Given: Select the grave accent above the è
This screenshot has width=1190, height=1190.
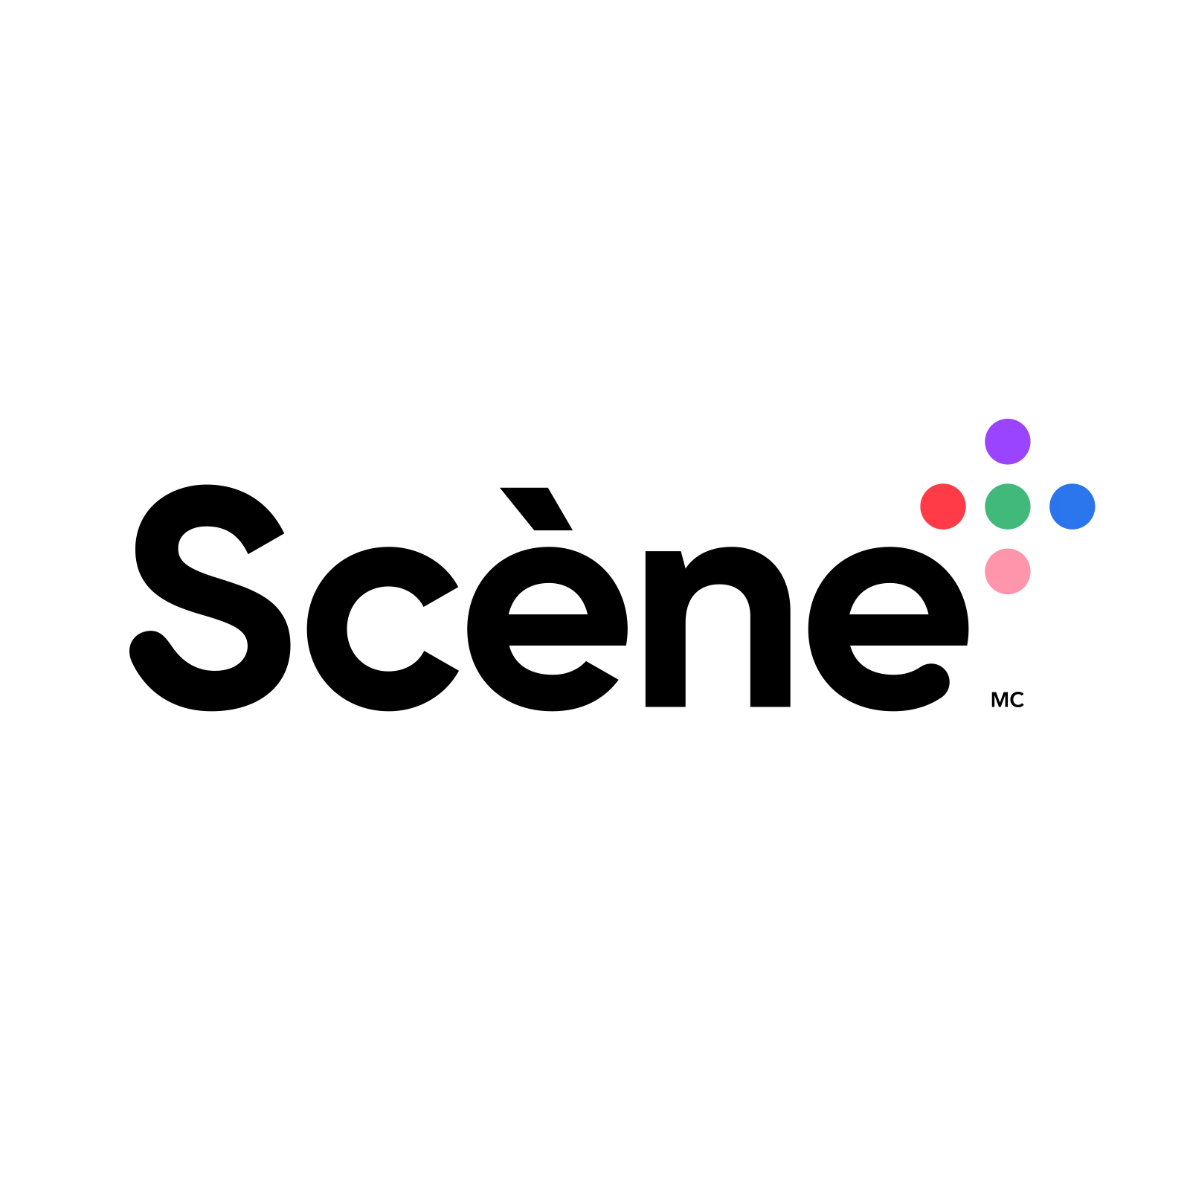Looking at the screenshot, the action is [x=536, y=509].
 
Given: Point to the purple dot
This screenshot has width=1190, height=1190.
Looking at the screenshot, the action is [x=1008, y=442].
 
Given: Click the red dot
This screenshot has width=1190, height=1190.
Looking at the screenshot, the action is [x=943, y=506].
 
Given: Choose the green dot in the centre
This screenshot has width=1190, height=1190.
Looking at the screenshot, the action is [x=1008, y=506].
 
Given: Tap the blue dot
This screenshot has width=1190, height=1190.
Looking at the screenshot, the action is [x=1072, y=506].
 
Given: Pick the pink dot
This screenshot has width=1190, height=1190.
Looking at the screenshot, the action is [x=1008, y=571].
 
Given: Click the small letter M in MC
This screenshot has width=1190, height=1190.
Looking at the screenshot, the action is [x=1000, y=700].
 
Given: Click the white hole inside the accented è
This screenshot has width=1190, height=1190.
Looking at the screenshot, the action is [x=548, y=599].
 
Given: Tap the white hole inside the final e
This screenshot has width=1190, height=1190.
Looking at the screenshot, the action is [x=889, y=599].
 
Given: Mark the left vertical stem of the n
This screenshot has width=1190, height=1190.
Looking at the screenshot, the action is [x=665, y=629].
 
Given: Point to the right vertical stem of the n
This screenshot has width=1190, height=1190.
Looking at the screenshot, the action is [x=771, y=654].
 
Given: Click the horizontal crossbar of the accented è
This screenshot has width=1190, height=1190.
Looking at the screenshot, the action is [x=567, y=630].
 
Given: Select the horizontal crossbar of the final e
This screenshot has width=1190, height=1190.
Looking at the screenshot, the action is [x=908, y=630].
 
